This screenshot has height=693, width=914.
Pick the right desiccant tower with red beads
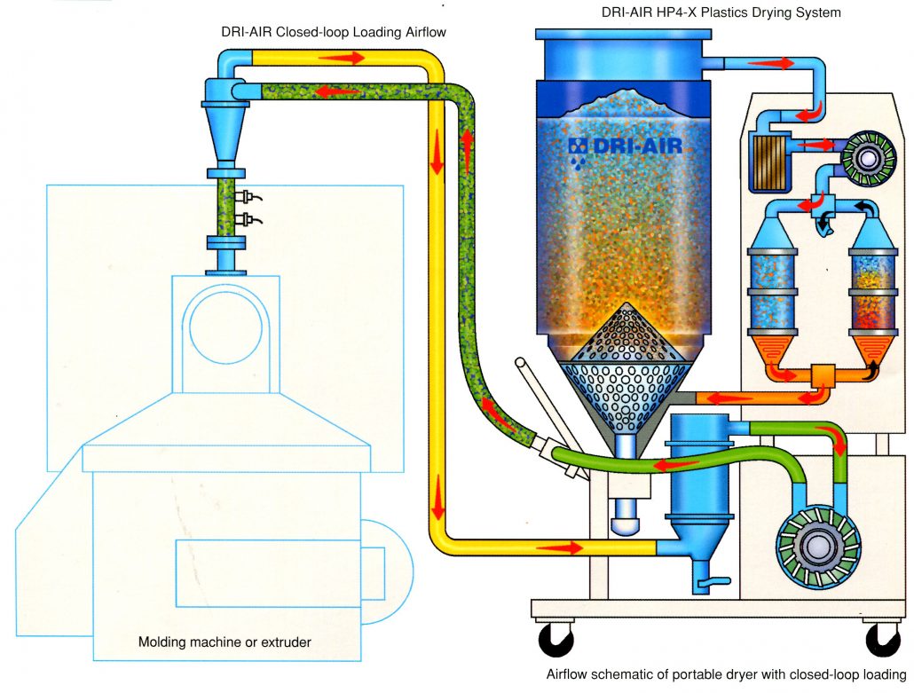(873, 288)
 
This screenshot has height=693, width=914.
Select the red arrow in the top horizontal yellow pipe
(341, 58)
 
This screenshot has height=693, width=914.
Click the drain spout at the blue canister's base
(707, 584)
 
